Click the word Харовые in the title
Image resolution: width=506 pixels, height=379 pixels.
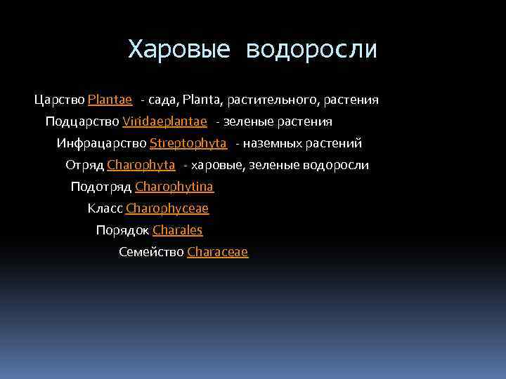point(179,50)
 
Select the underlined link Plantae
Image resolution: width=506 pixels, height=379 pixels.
point(110,100)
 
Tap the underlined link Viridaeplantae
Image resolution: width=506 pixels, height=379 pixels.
point(164,121)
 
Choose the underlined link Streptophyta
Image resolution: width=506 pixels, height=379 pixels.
point(188,143)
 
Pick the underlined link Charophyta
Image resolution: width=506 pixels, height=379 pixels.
point(141,165)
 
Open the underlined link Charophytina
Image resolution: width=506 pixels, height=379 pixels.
point(174,187)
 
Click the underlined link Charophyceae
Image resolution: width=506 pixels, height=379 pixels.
point(167,208)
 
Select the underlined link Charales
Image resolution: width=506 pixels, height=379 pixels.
point(177,230)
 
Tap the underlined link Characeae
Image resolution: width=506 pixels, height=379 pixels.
point(217,252)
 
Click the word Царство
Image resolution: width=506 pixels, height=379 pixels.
point(59,100)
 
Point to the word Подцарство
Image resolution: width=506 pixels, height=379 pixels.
point(82,121)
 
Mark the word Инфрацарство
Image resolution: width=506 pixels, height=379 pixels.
point(102,143)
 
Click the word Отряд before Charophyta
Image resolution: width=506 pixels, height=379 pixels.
point(84,165)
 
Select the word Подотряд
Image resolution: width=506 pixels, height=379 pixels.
point(101,187)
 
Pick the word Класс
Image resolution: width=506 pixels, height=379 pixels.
point(105,208)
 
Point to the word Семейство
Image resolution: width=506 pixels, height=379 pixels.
point(151,252)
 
